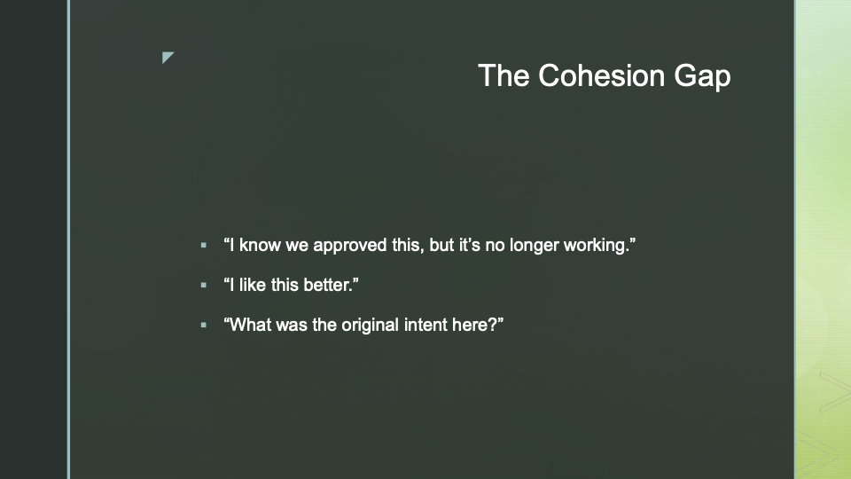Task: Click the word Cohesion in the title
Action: [x=601, y=75]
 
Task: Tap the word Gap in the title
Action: [x=702, y=76]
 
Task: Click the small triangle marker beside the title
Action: [x=168, y=58]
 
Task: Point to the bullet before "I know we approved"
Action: [x=204, y=246]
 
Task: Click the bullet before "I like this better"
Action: [x=204, y=285]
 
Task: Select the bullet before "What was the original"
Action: [x=204, y=326]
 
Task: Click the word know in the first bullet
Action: [x=260, y=245]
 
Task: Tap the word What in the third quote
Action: [x=250, y=325]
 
